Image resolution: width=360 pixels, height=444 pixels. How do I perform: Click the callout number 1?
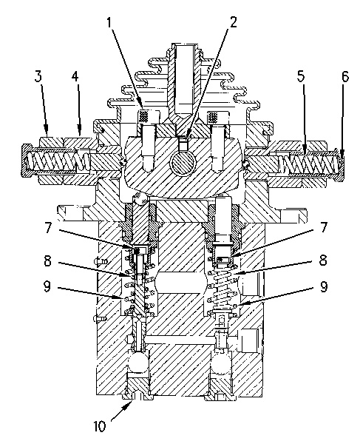tap(110, 22)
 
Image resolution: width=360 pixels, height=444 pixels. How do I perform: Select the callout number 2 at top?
tap(233, 22)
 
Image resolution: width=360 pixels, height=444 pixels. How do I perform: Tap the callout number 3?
tap(38, 76)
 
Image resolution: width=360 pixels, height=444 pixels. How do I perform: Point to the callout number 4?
tap(75, 76)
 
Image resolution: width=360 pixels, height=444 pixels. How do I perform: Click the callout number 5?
tap(301, 76)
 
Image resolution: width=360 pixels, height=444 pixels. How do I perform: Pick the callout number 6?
tap(345, 76)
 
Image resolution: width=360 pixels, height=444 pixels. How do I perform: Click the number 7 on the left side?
tap(49, 228)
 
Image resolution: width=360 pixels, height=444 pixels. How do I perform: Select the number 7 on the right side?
tap(323, 227)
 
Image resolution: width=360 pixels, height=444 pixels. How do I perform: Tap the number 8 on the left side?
tap(48, 260)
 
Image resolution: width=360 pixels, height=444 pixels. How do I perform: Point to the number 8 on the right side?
tap(323, 260)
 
